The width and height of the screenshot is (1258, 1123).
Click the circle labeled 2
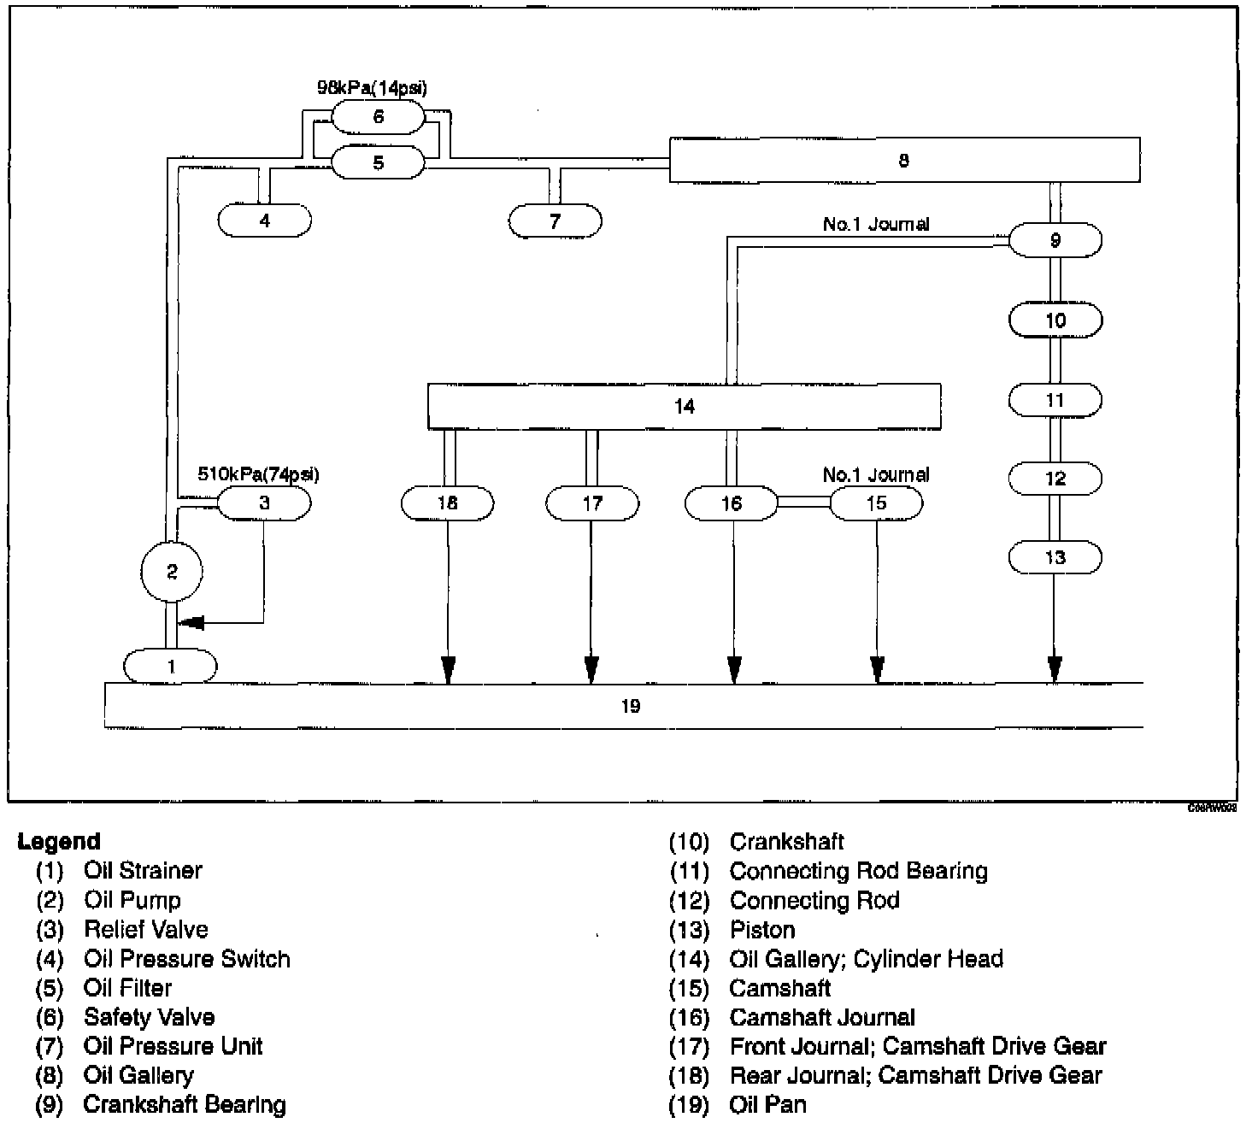(172, 571)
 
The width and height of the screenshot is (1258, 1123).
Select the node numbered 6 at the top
(378, 116)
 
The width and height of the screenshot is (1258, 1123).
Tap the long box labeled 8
(904, 160)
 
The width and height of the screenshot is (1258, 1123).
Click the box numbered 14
(684, 406)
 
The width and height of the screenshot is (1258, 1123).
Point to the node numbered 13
(1055, 558)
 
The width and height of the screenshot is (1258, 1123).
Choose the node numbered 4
(265, 220)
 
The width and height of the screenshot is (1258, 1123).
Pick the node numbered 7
(556, 221)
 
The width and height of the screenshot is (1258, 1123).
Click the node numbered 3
(264, 503)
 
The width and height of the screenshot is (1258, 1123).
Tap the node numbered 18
(447, 503)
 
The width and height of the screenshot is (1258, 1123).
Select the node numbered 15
(876, 503)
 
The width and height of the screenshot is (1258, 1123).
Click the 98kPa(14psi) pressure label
(373, 88)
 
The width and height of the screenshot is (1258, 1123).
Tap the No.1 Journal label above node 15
(876, 474)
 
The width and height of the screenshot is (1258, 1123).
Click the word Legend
(59, 842)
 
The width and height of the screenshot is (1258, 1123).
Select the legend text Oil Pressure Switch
(186, 959)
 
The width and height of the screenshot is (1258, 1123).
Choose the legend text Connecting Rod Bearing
(858, 871)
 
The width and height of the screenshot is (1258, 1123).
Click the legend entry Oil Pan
(767, 1104)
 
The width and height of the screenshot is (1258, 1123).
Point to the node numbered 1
(171, 666)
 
